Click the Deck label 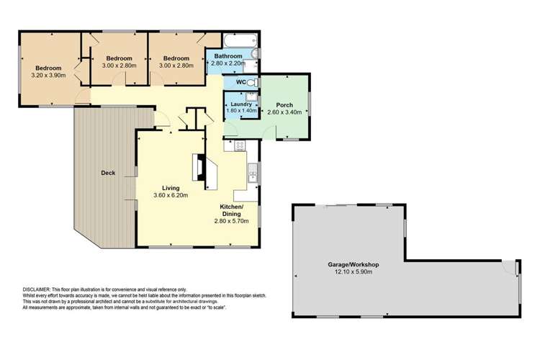coord(108,173)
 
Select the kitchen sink coord(253,173)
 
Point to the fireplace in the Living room coord(199,168)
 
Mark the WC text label coord(231,82)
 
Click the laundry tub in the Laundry coord(251,96)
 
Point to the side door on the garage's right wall coord(516,268)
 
